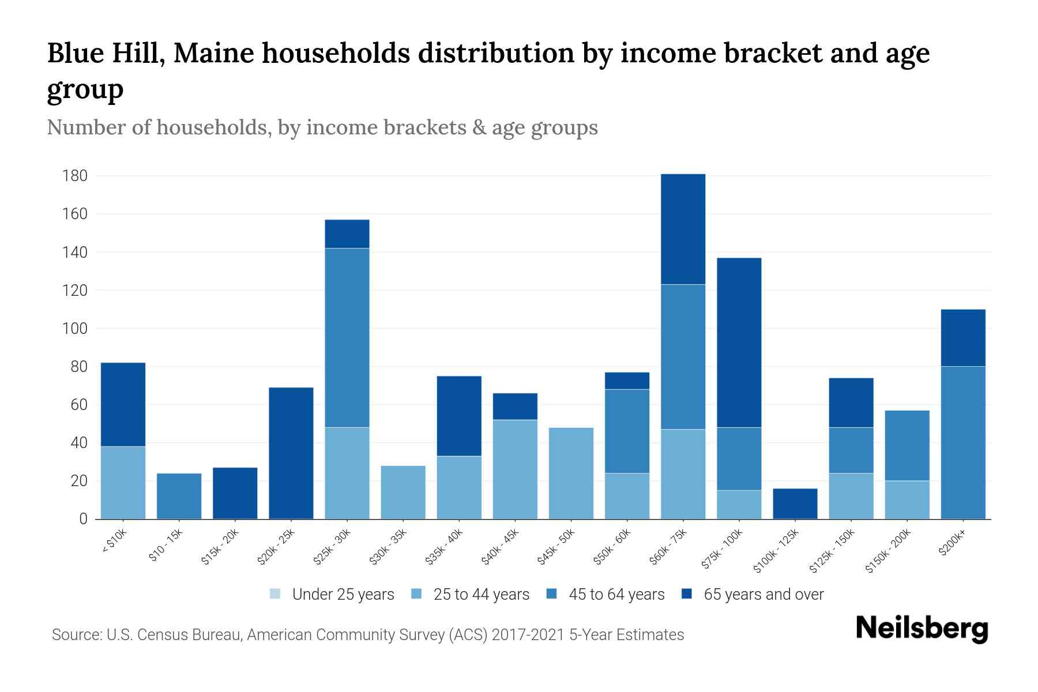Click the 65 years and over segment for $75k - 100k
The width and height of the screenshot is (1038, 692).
click(739, 343)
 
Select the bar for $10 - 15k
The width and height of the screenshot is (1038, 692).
click(179, 496)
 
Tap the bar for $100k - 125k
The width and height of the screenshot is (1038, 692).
click(795, 504)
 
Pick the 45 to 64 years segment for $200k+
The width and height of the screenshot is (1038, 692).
click(963, 442)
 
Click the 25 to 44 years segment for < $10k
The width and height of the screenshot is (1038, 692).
click(123, 483)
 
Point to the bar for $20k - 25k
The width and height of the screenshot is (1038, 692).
click(291, 453)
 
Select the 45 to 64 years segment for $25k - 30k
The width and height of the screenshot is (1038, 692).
click(347, 338)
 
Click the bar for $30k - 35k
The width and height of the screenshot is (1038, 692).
click(403, 492)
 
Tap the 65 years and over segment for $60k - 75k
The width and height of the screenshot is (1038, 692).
click(683, 229)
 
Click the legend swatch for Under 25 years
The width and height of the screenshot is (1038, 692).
click(275, 594)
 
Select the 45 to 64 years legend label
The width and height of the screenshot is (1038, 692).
click(616, 595)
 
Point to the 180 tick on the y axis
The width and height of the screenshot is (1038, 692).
click(74, 176)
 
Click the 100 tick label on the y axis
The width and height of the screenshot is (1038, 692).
click(74, 329)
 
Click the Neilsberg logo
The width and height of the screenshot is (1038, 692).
click(922, 628)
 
